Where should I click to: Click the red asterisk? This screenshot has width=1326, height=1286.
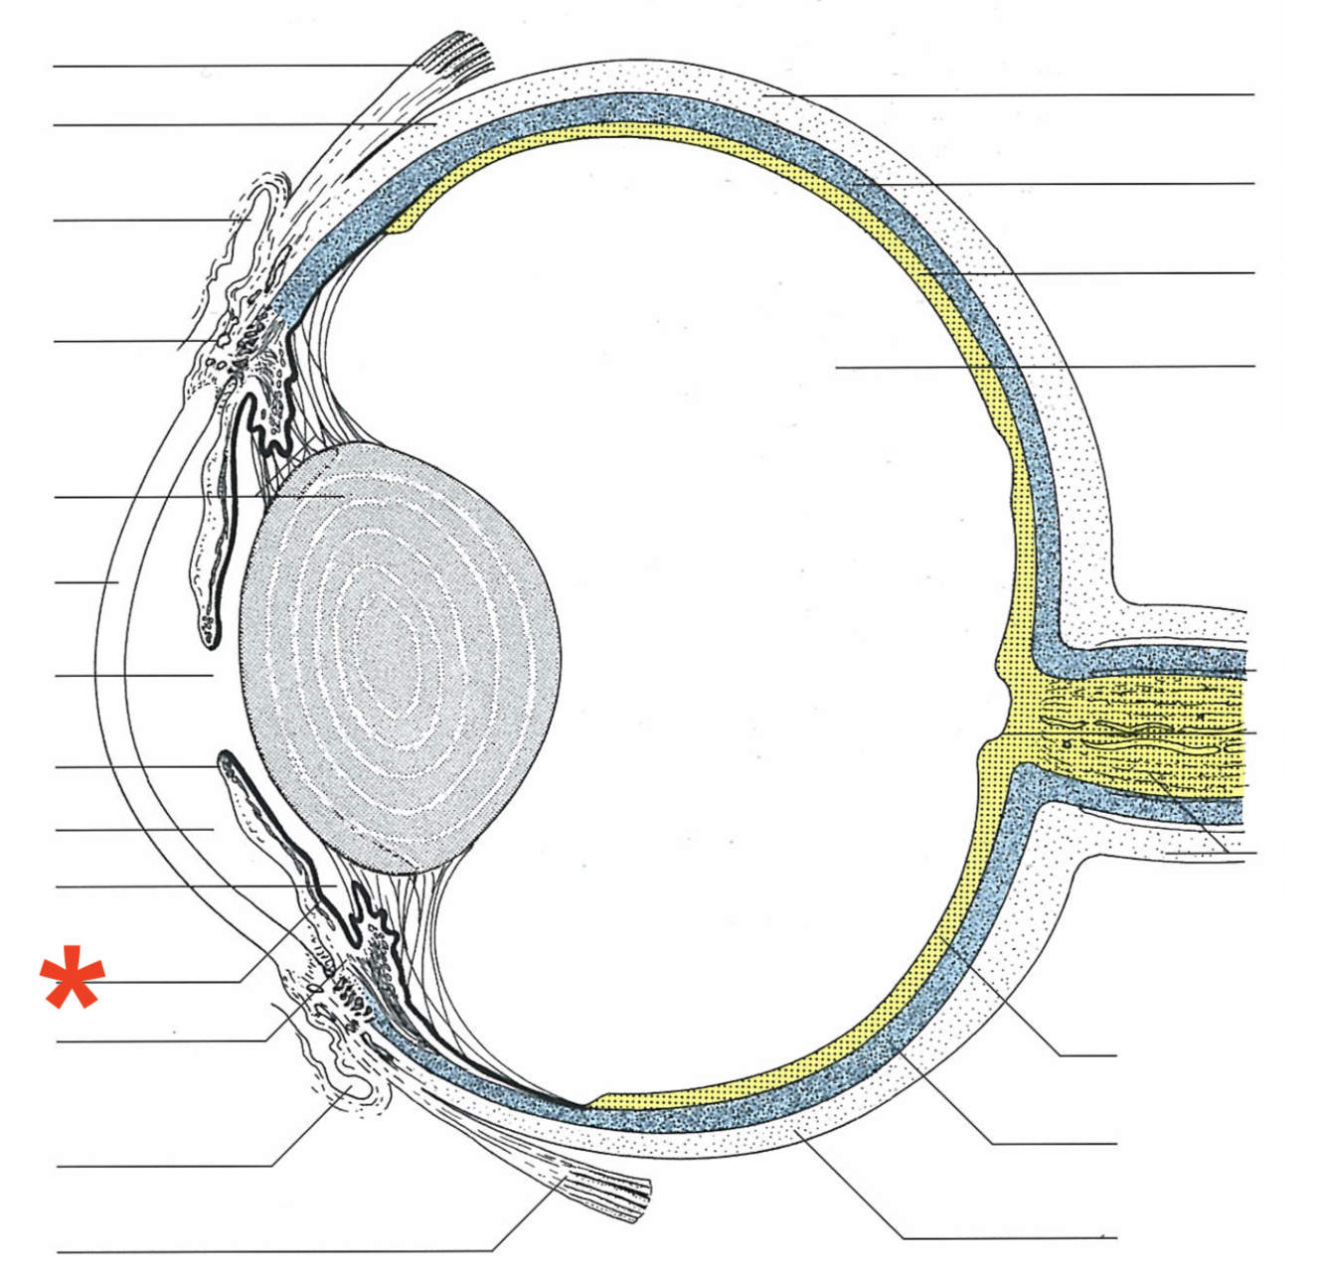pyautogui.click(x=72, y=978)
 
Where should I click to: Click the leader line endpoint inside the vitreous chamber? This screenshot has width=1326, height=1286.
pyautogui.click(x=837, y=368)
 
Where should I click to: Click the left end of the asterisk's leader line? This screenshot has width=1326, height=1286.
pyautogui.click(x=109, y=982)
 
